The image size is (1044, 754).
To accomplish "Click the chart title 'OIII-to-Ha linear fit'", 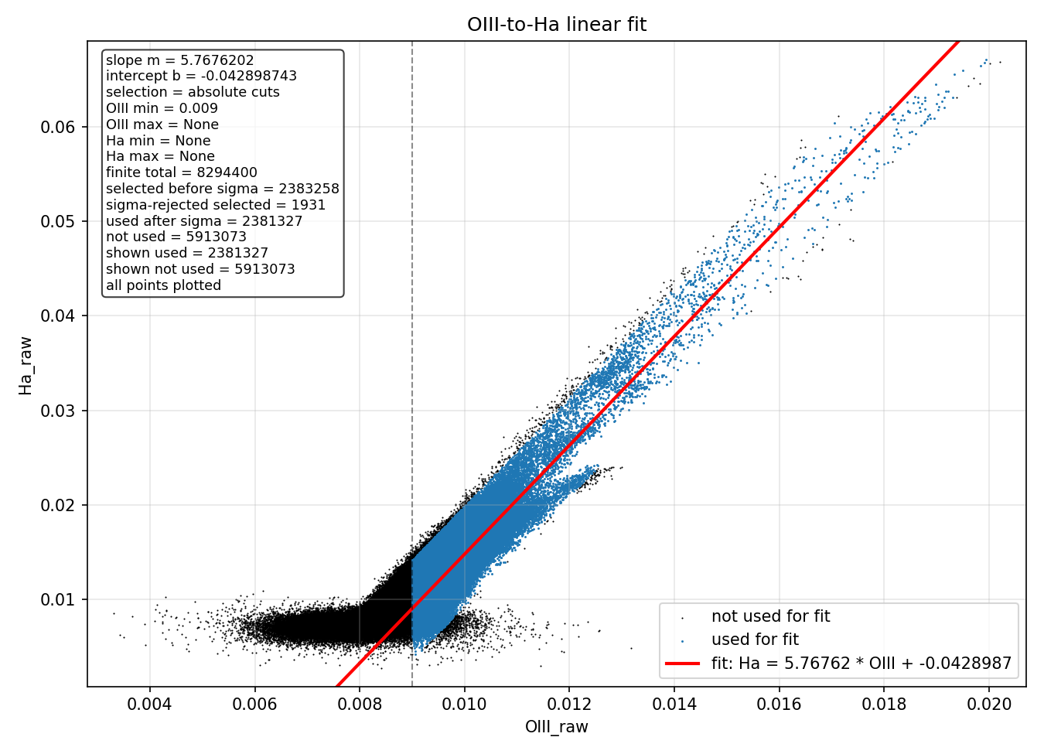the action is pyautogui.click(x=557, y=24).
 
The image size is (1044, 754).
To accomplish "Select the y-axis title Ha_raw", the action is pyautogui.click(x=26, y=367).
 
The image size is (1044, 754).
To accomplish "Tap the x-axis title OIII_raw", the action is pyautogui.click(x=557, y=726).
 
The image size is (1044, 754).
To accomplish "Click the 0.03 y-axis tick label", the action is pyautogui.click(x=57, y=411).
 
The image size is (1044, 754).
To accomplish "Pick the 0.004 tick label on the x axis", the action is pyautogui.click(x=149, y=704).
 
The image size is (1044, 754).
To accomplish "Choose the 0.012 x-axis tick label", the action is pyautogui.click(x=569, y=704).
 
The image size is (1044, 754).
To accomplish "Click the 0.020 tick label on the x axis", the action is pyautogui.click(x=989, y=704).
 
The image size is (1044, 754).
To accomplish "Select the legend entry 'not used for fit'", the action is pyautogui.click(x=770, y=616).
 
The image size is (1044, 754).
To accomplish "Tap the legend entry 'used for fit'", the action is pyautogui.click(x=755, y=640).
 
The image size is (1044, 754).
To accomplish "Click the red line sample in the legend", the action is pyautogui.click(x=682, y=663).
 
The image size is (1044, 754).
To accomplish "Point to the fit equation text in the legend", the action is pyautogui.click(x=861, y=663).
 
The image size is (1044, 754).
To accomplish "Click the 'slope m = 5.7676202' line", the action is pyautogui.click(x=180, y=60).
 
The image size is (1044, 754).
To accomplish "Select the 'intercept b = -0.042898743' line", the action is pyautogui.click(x=201, y=76).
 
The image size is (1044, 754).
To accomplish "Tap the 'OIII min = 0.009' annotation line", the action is pyautogui.click(x=162, y=108).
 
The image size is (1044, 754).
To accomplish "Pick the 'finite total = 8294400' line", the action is pyautogui.click(x=181, y=172).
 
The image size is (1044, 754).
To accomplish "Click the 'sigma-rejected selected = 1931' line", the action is pyautogui.click(x=215, y=205).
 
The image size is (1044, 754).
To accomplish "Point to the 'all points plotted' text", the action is pyautogui.click(x=164, y=285).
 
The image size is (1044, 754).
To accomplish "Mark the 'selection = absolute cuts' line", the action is pyautogui.click(x=193, y=92).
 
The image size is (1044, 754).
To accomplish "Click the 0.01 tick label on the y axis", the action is pyautogui.click(x=57, y=599).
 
